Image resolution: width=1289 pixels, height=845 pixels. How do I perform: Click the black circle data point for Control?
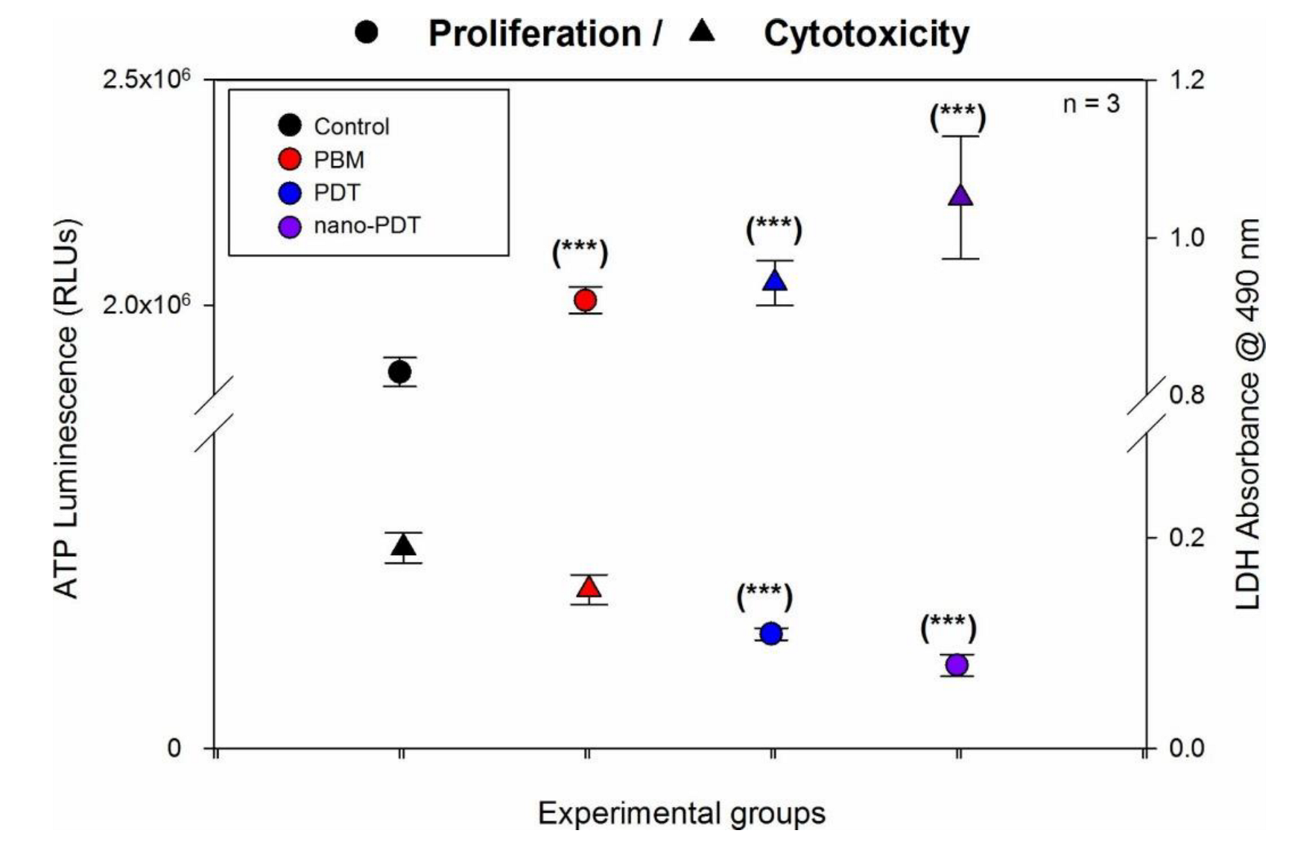(400, 372)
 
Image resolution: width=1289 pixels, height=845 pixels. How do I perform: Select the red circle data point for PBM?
(586, 300)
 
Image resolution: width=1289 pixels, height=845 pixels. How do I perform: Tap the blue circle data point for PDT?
(771, 634)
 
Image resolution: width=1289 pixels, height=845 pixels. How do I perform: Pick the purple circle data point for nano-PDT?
(957, 665)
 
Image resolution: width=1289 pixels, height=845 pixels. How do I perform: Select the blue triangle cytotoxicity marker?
(775, 281)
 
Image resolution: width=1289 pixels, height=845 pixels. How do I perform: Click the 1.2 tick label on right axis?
(1186, 80)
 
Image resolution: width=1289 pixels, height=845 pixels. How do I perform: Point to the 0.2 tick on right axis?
(1186, 537)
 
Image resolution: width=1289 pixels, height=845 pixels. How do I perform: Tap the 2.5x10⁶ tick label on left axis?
(147, 79)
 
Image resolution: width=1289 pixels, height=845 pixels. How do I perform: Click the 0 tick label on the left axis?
(174, 747)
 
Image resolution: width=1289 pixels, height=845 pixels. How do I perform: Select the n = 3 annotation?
(1091, 104)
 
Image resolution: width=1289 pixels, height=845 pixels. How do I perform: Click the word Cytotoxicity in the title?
(866, 34)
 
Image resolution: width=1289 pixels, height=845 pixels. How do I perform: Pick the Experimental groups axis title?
(681, 813)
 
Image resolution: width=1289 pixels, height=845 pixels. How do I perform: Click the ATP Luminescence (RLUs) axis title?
(66, 408)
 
